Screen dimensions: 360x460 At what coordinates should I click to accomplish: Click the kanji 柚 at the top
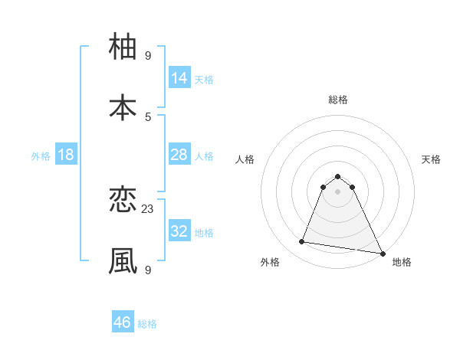(123, 47)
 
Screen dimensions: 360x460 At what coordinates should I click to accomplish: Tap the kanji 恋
(123, 201)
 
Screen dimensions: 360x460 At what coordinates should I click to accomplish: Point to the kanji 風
(123, 261)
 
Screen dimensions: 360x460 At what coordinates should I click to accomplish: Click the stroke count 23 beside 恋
(148, 208)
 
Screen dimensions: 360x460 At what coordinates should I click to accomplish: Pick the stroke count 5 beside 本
(148, 116)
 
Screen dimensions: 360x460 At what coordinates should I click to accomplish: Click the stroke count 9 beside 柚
(148, 55)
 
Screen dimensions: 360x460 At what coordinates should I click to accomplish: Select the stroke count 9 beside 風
(148, 270)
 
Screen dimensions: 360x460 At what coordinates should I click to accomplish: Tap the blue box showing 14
(179, 78)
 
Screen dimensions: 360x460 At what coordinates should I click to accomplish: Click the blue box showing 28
(179, 155)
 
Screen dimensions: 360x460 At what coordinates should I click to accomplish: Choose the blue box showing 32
(179, 231)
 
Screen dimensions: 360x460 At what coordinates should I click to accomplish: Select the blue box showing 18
(66, 155)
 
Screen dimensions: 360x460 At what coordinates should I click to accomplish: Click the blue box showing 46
(123, 322)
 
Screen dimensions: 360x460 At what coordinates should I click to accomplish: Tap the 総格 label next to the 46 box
(147, 324)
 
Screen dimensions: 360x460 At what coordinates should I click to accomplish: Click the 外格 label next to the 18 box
(41, 156)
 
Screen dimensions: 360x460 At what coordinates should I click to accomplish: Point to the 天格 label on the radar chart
(431, 159)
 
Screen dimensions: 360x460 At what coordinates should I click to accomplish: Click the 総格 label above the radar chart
(338, 100)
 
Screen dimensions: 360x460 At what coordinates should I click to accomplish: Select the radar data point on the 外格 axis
(302, 242)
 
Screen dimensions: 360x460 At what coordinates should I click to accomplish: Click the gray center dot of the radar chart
(338, 191)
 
